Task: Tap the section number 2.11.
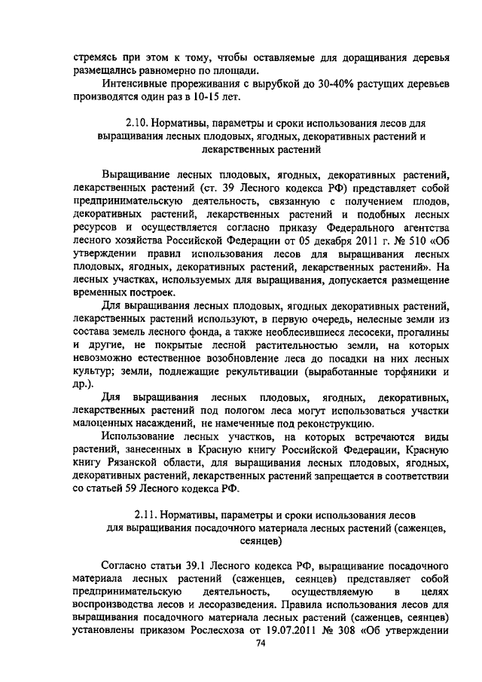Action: [148, 513]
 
